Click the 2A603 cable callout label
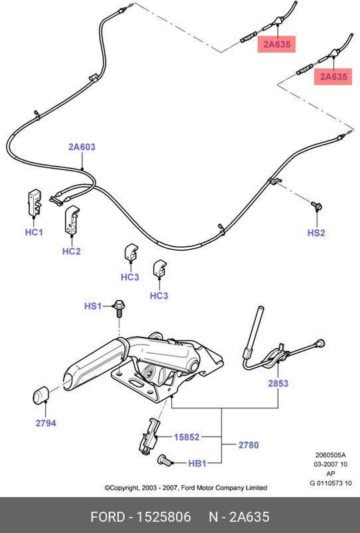pos(81,146)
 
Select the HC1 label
pos(34,233)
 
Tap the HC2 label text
pos(71,251)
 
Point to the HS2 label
pos(316,233)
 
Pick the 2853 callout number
pos(279,384)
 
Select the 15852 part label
pos(187,438)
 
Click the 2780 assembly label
pos(247,444)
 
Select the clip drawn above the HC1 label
pos(34,201)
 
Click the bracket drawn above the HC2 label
pos(71,221)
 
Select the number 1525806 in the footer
pos(164,517)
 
